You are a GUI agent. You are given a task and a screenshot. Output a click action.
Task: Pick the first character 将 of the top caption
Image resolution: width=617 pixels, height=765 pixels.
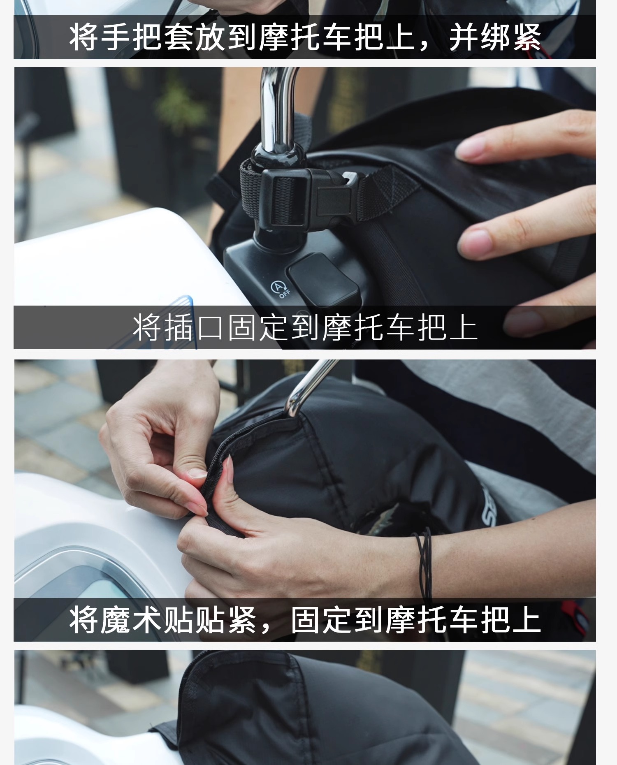(x=84, y=37)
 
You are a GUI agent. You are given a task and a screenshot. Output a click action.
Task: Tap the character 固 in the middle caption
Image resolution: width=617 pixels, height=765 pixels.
(x=243, y=328)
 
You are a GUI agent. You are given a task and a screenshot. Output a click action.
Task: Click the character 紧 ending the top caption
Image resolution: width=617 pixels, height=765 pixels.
(x=527, y=37)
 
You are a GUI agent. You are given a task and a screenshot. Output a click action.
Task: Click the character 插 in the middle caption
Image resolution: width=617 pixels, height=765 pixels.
(x=180, y=328)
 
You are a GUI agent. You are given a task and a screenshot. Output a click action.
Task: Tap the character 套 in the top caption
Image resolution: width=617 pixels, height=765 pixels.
(x=179, y=37)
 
